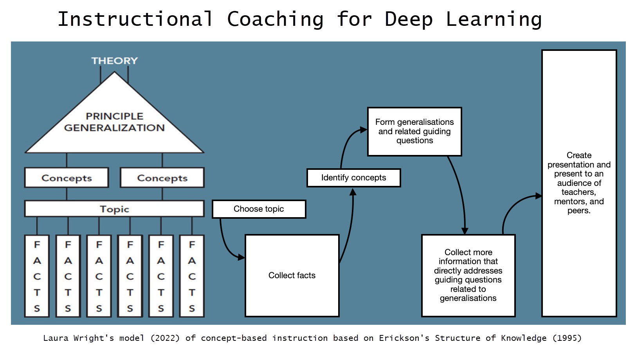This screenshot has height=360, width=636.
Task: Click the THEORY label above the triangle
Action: click(x=114, y=61)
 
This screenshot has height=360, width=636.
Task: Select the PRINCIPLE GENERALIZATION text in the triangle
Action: click(x=114, y=122)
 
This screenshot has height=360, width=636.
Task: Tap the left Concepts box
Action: click(x=67, y=178)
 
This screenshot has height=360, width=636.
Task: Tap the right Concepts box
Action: click(x=162, y=178)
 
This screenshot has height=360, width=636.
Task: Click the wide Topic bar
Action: click(x=114, y=209)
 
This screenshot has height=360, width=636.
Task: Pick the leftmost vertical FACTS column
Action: click(x=37, y=276)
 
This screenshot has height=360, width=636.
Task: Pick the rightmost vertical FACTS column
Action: click(x=192, y=276)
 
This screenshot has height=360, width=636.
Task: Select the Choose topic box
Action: click(x=259, y=209)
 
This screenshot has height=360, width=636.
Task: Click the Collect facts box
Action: click(x=292, y=275)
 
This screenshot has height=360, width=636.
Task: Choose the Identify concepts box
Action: click(x=353, y=178)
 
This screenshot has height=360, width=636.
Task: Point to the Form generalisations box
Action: click(x=414, y=131)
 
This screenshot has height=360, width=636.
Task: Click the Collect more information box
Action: click(x=468, y=275)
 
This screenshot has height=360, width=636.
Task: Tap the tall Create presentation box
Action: click(x=579, y=183)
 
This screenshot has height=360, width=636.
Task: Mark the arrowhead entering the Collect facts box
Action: click(x=241, y=257)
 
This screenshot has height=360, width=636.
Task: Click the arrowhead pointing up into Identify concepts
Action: click(x=353, y=192)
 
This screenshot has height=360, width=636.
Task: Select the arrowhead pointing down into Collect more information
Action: click(x=465, y=231)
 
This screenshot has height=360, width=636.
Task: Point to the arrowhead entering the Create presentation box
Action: click(x=539, y=196)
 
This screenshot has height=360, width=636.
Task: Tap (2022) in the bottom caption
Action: click(x=165, y=338)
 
